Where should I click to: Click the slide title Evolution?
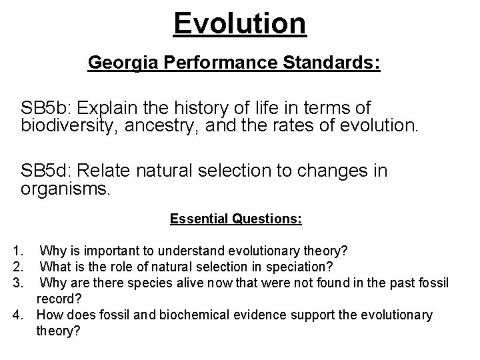240,23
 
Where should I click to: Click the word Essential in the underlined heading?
199,219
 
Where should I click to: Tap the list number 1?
17,251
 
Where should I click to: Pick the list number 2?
17,267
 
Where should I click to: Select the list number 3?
17,282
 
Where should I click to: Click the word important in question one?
106,251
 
